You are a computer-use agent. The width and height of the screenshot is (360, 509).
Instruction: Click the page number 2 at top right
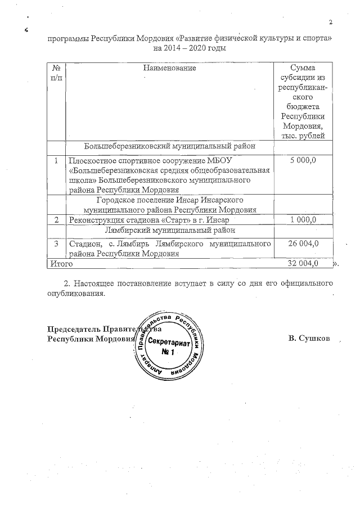pyautogui.click(x=331, y=22)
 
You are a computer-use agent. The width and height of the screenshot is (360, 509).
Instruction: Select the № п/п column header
pyautogui.click(x=56, y=73)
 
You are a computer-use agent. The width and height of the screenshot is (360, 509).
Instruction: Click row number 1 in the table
pyautogui.click(x=56, y=161)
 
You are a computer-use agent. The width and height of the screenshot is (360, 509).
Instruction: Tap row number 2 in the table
pyautogui.click(x=56, y=219)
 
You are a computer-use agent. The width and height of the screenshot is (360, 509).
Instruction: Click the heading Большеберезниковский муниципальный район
pyautogui.click(x=169, y=146)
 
